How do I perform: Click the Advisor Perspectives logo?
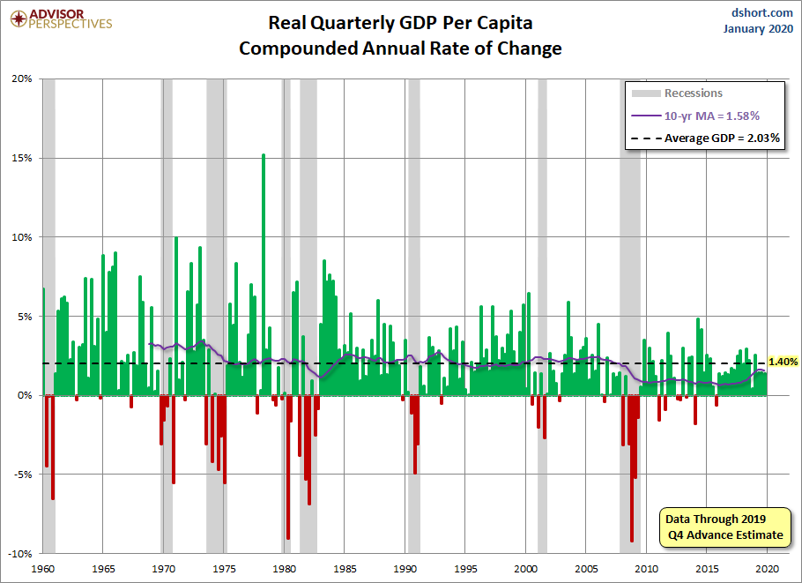(59, 19)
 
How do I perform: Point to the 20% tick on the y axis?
(22, 78)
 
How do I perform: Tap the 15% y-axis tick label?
(22, 158)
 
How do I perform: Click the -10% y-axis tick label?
(20, 554)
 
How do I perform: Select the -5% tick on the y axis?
(22, 475)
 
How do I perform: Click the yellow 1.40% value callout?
(783, 362)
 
